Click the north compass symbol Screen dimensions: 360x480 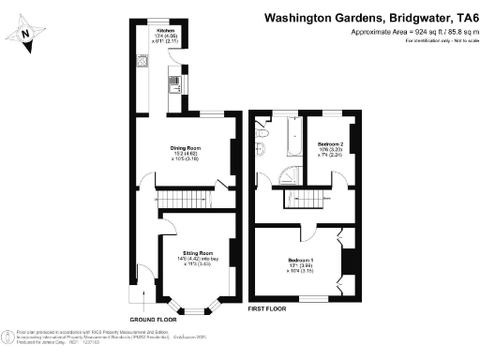(x=26, y=36)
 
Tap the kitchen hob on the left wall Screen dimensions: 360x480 (x=174, y=85)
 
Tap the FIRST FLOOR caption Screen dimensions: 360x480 (x=267, y=307)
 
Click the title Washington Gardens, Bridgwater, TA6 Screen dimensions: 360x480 (x=369, y=16)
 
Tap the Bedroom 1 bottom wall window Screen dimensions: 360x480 (x=312, y=299)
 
